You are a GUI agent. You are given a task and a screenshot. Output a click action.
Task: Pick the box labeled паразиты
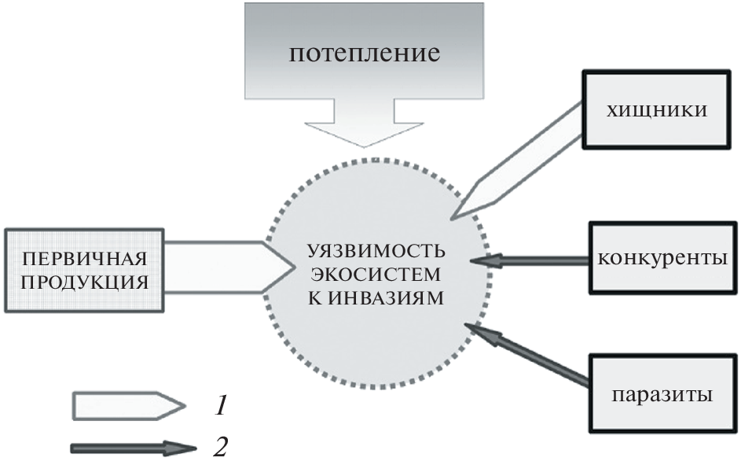[x=659, y=393]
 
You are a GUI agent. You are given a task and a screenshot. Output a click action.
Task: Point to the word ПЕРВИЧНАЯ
[x=84, y=258]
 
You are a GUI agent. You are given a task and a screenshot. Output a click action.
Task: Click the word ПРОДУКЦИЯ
[x=84, y=280]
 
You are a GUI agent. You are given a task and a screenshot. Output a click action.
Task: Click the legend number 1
[x=222, y=406]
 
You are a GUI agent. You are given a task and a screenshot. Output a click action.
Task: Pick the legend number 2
[x=221, y=448]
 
